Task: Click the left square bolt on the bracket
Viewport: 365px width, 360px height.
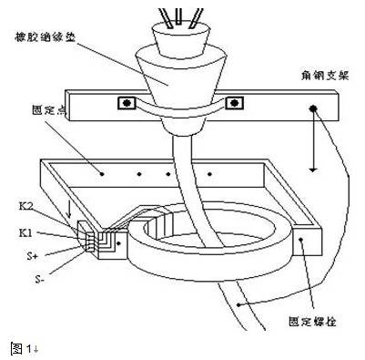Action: tap(123, 102)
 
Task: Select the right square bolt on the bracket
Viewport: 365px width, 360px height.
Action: tap(238, 102)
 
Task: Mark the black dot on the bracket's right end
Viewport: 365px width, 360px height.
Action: tap(312, 108)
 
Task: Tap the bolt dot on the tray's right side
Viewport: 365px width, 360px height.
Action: tap(300, 239)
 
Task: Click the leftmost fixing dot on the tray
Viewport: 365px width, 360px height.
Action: tap(102, 171)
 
